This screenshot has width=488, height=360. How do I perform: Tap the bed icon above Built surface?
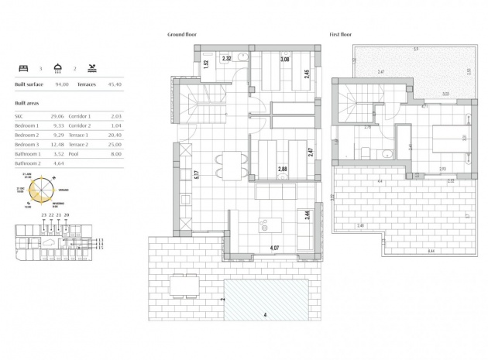click(x=22, y=68)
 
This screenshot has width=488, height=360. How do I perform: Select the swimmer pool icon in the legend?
click(x=93, y=68)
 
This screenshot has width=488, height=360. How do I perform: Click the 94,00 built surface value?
click(x=61, y=85)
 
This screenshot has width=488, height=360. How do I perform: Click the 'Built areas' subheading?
click(x=27, y=102)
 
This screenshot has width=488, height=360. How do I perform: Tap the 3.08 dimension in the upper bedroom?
click(x=263, y=60)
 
